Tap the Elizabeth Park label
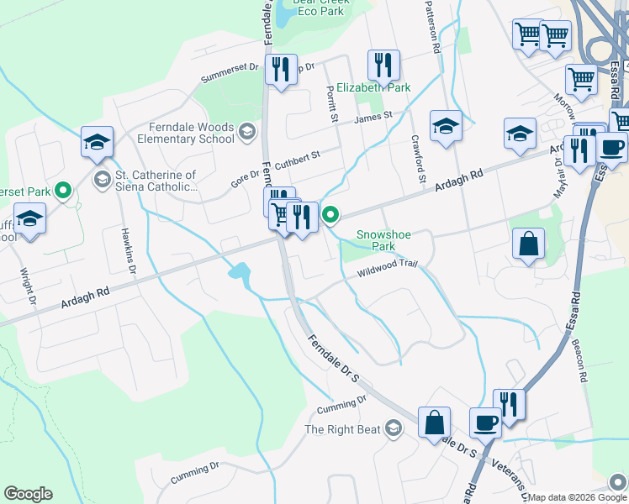pos(373,87)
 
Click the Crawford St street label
pos(418,160)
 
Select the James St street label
pos(373,118)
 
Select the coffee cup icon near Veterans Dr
pos(484,422)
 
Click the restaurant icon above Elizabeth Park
pos(383,64)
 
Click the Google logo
pos(28,493)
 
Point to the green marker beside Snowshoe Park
pos(331,217)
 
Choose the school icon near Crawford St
pos(446,126)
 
